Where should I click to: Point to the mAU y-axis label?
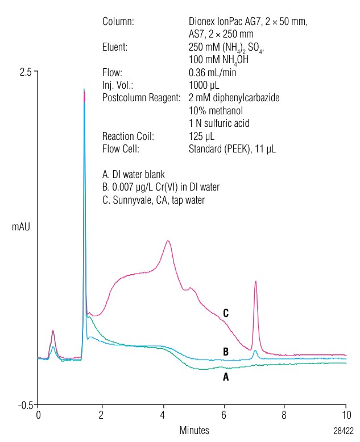click(x=20, y=227)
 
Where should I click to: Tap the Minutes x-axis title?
click(x=194, y=430)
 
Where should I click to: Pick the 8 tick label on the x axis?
click(x=284, y=415)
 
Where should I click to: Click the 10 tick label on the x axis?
click(x=346, y=415)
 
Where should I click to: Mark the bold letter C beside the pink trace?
click(x=226, y=313)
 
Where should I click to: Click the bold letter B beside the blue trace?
click(x=226, y=352)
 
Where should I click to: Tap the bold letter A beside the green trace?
click(x=226, y=377)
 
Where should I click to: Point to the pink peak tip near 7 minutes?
click(x=256, y=282)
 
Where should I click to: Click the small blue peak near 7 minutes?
click(x=255, y=352)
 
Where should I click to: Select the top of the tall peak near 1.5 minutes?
click(x=84, y=90)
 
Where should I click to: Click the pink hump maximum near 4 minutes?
click(x=168, y=241)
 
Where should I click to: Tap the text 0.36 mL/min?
click(x=212, y=72)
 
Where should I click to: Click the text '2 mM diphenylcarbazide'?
click(x=234, y=98)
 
